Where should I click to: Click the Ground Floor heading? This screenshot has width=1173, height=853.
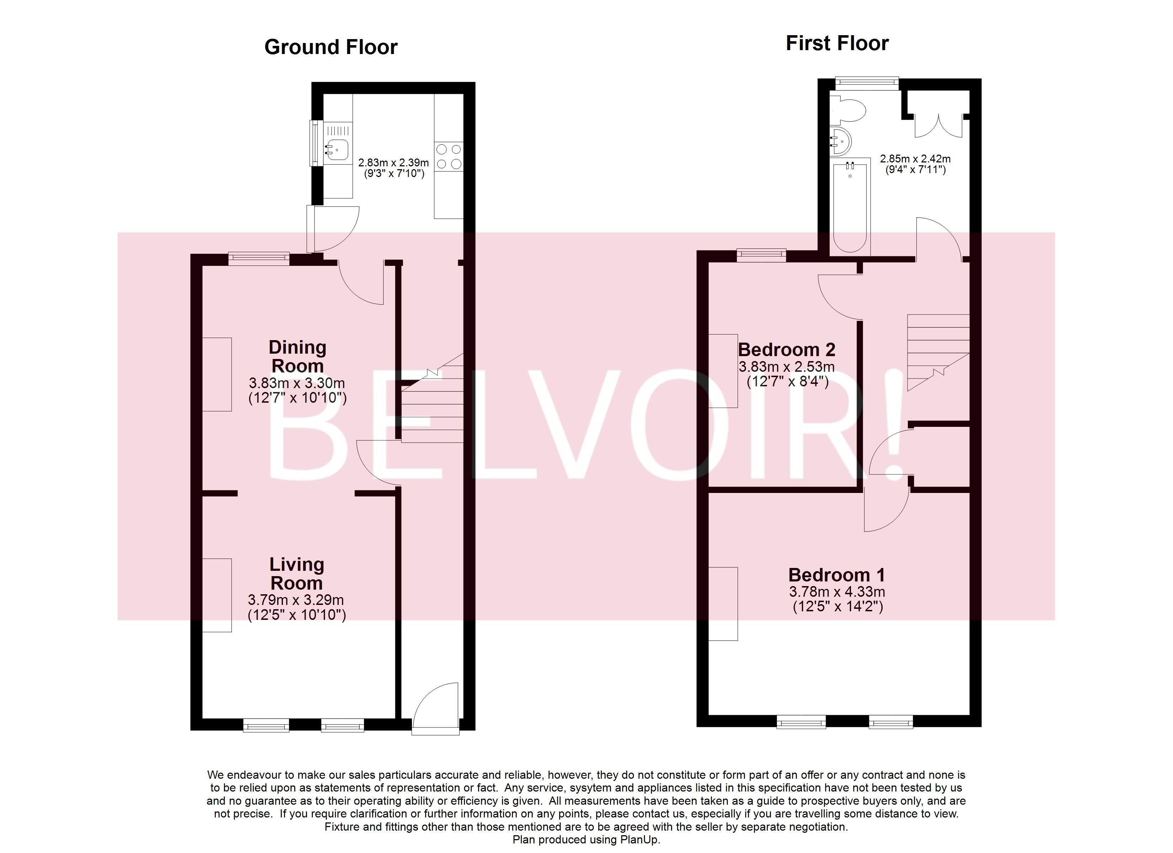point(331,47)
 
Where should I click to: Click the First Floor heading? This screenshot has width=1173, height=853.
point(837,43)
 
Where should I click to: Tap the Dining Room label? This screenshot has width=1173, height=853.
point(298,356)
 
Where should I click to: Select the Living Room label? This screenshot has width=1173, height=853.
point(297,574)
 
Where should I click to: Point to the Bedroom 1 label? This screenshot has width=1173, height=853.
point(836,575)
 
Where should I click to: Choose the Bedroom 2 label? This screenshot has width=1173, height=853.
point(786,350)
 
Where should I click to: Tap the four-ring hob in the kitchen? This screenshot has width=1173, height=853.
point(449,157)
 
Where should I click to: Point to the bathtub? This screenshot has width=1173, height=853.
point(850,207)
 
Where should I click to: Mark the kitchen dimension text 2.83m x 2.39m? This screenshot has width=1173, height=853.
point(393,162)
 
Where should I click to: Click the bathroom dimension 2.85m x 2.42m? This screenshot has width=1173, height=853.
point(915,159)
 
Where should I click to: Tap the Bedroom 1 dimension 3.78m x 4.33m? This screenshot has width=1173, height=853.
point(837,592)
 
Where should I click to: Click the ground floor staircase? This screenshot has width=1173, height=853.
point(432,409)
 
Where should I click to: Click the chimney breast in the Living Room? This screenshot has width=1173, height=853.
point(217,595)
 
